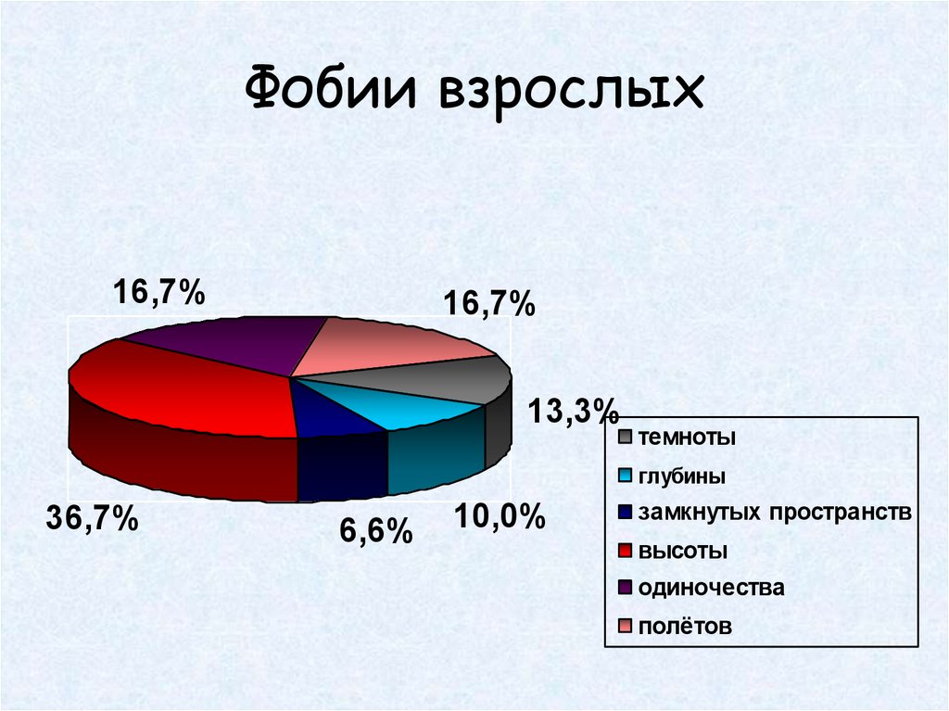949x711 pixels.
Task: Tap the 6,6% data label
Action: pos(374,532)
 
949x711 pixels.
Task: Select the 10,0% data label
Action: pos(500,517)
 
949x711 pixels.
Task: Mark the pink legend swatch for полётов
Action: pos(626,627)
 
